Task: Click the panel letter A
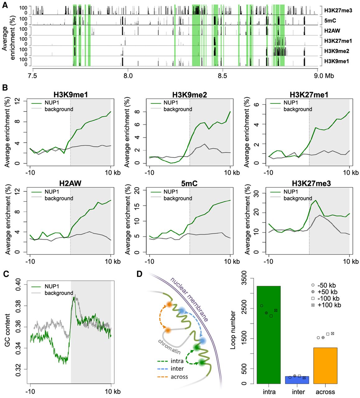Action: pos(5,6)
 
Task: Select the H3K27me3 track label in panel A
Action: pos(338,11)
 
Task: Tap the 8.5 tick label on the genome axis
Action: pos(222,76)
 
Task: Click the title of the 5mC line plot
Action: pos(189,183)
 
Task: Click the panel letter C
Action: pos(5,274)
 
